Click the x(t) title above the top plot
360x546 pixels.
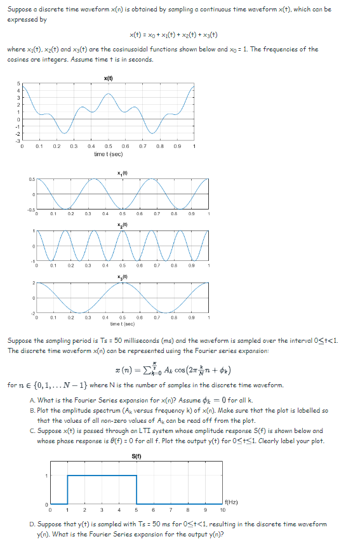108,79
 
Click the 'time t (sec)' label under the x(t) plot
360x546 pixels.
108,154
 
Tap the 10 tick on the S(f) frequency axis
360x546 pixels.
223,509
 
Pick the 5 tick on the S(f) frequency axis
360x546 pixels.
137,509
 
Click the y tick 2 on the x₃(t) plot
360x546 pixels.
31,284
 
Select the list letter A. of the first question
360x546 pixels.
32,399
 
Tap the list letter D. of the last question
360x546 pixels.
32,524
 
